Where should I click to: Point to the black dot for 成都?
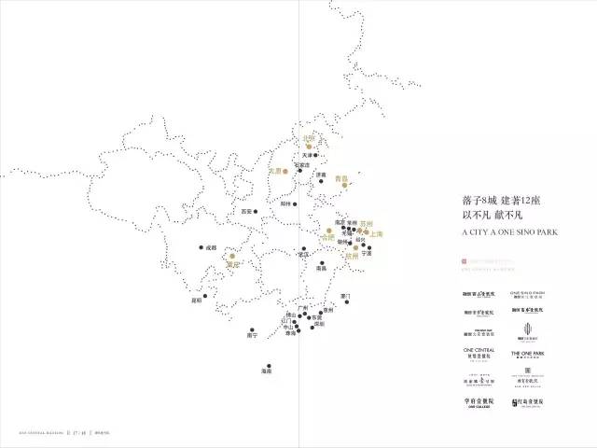(x=201, y=247)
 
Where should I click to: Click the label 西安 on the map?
(x=246, y=212)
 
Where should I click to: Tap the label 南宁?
(x=252, y=335)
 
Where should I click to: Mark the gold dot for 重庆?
(x=231, y=256)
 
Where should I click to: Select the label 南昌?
(x=321, y=268)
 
